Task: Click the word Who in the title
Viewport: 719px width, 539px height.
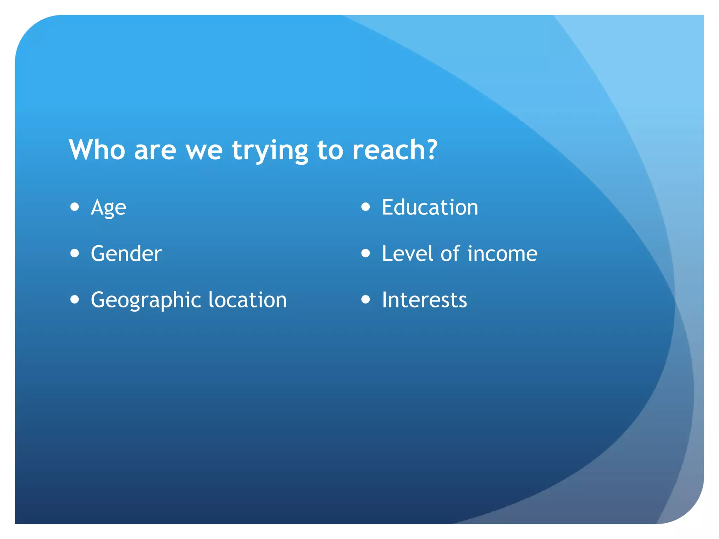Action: (x=97, y=150)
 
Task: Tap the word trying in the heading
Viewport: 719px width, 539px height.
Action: (x=270, y=151)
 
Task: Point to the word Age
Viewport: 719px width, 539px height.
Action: (x=108, y=208)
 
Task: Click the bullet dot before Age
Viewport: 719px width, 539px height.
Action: (x=74, y=207)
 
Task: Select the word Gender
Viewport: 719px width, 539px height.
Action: (x=126, y=253)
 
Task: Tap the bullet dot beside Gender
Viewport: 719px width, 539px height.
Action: (x=74, y=253)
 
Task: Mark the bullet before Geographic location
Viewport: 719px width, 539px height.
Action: (x=74, y=299)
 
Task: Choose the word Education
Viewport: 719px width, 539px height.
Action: (x=430, y=207)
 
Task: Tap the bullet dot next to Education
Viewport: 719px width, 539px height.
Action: (x=365, y=207)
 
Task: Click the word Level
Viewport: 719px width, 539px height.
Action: (x=407, y=253)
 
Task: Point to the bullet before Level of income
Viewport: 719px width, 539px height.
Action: (x=365, y=253)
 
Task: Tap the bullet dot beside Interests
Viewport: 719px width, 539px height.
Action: (x=365, y=299)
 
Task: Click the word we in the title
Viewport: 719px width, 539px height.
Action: (x=204, y=151)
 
